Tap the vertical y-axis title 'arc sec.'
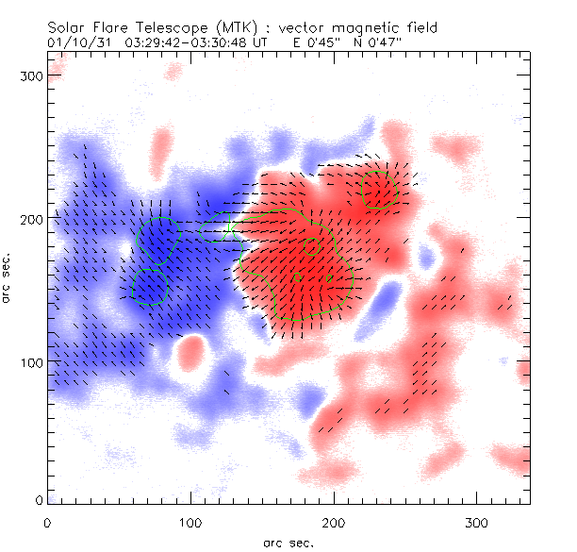8,279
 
